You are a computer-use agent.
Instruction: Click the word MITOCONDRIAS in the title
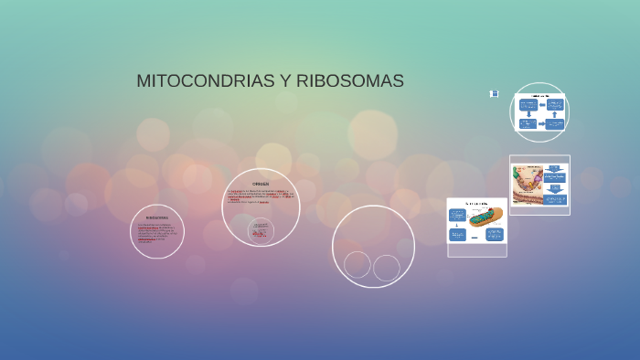pos(206,81)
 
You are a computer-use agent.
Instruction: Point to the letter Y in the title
pos(285,81)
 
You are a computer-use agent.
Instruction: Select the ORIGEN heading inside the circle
pos(261,184)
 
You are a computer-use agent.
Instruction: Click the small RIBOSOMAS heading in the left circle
pos(157,217)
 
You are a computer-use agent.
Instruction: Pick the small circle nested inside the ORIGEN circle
pos(261,231)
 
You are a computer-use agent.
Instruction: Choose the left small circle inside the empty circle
pos(357,265)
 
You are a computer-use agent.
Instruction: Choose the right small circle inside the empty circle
pos(387,268)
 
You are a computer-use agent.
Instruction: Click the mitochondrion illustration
pos(485,217)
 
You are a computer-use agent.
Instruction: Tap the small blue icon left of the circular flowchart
pos(494,93)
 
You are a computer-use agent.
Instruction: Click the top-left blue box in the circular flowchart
pos(528,104)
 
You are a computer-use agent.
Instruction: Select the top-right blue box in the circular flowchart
pos(555,104)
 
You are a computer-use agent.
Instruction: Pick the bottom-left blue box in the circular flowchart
pos(528,123)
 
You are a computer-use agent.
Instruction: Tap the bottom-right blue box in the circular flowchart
pos(555,123)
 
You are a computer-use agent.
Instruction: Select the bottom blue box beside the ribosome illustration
pos(556,198)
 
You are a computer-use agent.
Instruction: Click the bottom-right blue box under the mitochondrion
pos(495,235)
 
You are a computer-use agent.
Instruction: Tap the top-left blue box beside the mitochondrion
pos(457,215)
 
